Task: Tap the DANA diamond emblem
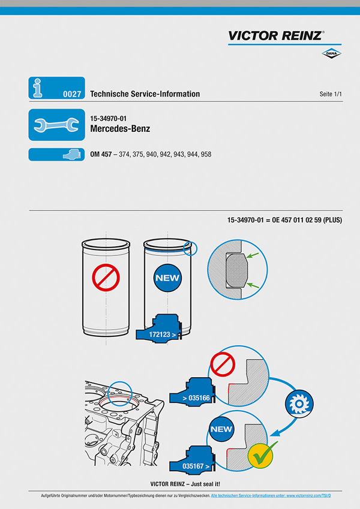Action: pyautogui.click(x=331, y=54)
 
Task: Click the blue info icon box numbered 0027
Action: pyautogui.click(x=56, y=88)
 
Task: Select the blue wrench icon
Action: pyautogui.click(x=56, y=125)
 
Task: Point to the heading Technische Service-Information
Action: pyautogui.click(x=145, y=94)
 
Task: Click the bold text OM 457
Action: pyautogui.click(x=100, y=155)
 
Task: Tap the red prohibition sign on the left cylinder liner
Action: pyautogui.click(x=107, y=278)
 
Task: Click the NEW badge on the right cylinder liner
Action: pyautogui.click(x=167, y=278)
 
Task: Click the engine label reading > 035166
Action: pyautogui.click(x=196, y=397)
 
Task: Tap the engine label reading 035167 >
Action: pyautogui.click(x=197, y=465)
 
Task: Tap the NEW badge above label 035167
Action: pyautogui.click(x=221, y=429)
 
